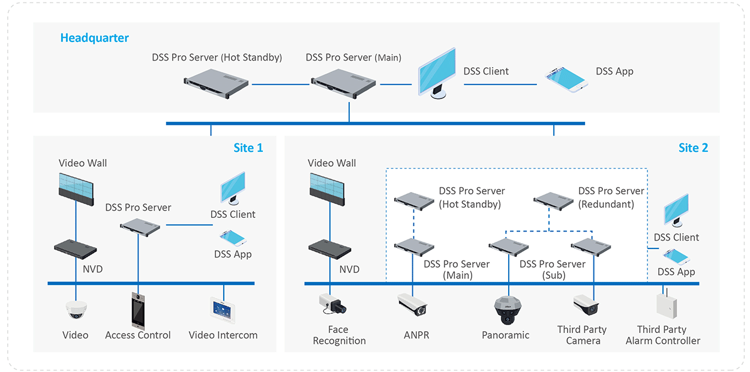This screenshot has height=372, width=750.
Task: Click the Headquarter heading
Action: (x=94, y=38)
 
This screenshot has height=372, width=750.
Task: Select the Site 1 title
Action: (x=248, y=148)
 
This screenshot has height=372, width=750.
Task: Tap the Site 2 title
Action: (x=693, y=148)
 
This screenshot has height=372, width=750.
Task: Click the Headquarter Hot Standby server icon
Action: (x=217, y=84)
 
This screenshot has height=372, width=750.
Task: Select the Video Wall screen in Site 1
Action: (x=76, y=188)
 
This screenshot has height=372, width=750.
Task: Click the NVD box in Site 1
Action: (x=75, y=247)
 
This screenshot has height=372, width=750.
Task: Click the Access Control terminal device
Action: (x=139, y=310)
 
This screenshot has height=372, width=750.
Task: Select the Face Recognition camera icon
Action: (x=332, y=304)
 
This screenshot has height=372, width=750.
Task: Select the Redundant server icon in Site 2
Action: (x=553, y=200)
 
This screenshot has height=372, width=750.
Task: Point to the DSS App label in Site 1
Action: (x=233, y=254)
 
